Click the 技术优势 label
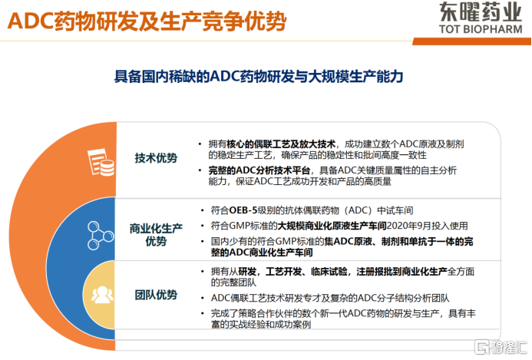(156, 158)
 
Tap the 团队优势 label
(156, 295)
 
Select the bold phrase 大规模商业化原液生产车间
(329, 226)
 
